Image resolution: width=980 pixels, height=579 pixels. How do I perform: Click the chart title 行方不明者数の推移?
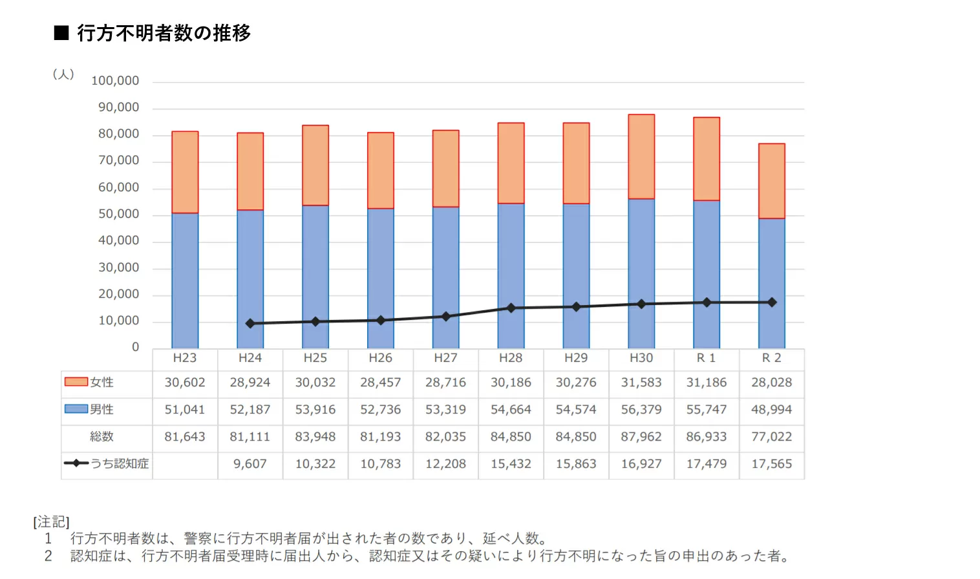[x=163, y=33]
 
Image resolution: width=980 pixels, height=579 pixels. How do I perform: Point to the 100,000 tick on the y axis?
[x=115, y=81]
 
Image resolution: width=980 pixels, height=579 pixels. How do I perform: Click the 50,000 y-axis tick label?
[x=118, y=214]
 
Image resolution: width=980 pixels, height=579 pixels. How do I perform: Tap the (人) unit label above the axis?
[x=63, y=74]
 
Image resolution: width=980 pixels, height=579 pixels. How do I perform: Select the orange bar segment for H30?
[x=641, y=156]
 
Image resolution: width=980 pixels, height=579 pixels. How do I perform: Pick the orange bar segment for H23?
[x=185, y=172]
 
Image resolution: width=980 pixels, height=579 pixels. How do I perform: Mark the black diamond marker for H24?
[x=250, y=323]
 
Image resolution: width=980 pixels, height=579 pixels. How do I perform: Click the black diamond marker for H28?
[x=511, y=308]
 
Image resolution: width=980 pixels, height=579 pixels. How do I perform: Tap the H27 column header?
[x=445, y=358]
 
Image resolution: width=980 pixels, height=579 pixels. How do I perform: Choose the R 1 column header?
[x=706, y=358]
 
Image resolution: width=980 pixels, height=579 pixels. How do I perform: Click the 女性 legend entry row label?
[x=101, y=383]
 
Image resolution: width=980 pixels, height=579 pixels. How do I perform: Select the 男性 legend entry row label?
[x=101, y=409]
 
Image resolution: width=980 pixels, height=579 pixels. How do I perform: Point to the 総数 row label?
[x=101, y=437]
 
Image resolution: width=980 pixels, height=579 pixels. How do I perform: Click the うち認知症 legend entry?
[x=119, y=463]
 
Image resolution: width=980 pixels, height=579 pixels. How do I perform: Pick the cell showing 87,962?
[x=641, y=437]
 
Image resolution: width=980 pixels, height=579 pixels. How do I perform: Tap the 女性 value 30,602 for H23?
[x=185, y=383]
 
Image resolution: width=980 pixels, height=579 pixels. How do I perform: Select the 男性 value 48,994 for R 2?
[x=771, y=410]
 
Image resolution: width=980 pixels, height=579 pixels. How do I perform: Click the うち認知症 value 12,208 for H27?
[x=445, y=464]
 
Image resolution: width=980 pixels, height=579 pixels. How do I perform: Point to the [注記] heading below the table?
[x=52, y=521]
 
